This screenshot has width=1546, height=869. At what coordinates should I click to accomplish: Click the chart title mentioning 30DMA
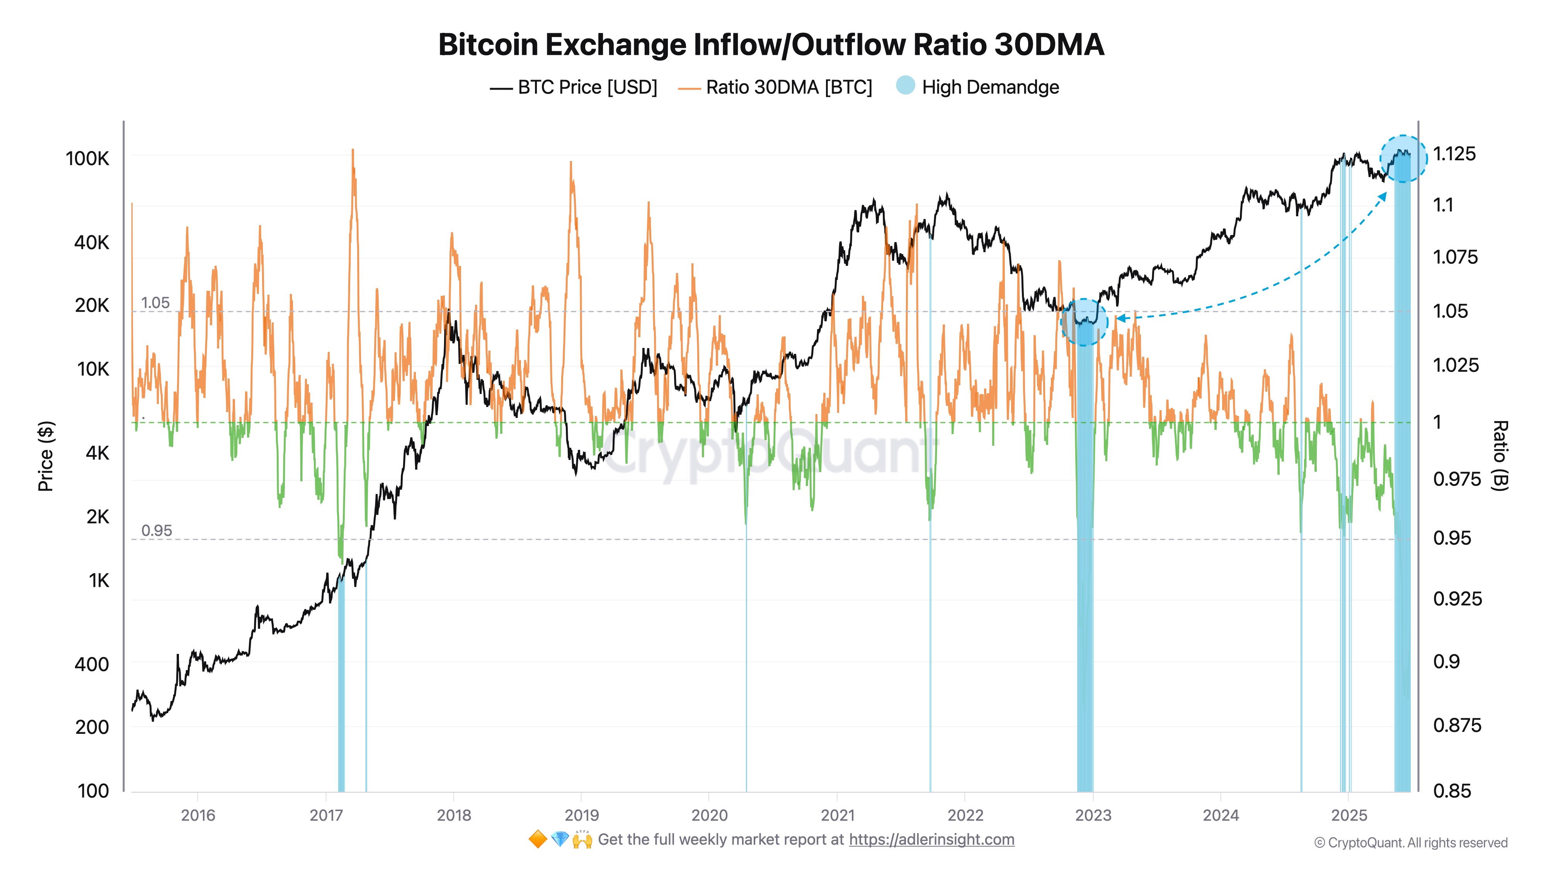click(x=771, y=45)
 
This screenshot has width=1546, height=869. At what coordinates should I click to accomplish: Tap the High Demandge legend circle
click(x=905, y=86)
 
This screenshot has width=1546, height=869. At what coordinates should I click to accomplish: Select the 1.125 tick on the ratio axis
click(x=1454, y=154)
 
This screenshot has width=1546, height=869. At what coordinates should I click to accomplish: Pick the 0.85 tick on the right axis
click(x=1452, y=791)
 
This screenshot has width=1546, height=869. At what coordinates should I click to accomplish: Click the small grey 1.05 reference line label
click(x=155, y=303)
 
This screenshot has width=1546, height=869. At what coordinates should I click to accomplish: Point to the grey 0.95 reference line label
click(x=156, y=531)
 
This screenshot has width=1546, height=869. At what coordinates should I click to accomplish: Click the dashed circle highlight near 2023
click(x=1084, y=322)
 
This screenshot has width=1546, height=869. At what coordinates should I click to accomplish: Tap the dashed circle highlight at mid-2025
click(x=1403, y=159)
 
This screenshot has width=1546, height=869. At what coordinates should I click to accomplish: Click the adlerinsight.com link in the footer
click(x=931, y=840)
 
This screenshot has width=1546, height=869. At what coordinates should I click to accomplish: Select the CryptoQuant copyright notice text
click(x=1410, y=843)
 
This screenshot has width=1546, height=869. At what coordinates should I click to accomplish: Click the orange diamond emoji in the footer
click(x=537, y=840)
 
